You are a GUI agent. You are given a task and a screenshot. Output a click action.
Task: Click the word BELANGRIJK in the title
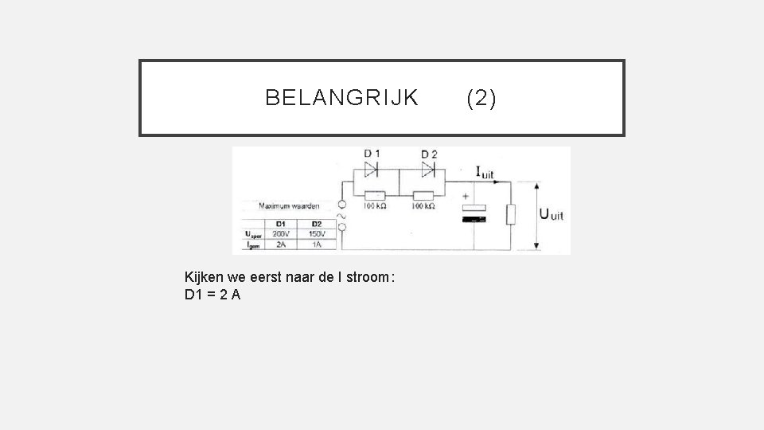[341, 98]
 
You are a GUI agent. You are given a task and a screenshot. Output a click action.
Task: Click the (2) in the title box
[481, 98]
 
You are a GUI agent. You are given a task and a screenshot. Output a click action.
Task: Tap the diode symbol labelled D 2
[429, 169]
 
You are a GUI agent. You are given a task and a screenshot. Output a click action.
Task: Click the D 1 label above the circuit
[372, 154]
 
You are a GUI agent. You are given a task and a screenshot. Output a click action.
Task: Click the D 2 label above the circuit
[429, 154]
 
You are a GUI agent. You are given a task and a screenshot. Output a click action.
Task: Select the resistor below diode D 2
[423, 195]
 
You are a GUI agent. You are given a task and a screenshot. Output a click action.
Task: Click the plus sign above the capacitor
[466, 194]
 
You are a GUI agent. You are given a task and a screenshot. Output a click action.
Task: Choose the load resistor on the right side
[510, 213]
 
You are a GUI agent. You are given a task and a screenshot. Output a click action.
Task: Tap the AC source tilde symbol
[343, 214]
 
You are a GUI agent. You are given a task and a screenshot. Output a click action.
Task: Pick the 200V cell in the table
[280, 234]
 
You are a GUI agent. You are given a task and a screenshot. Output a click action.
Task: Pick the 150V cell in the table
[316, 234]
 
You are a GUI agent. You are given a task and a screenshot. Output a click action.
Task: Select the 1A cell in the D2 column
[316, 245]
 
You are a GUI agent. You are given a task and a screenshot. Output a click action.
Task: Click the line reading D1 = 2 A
[212, 295]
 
